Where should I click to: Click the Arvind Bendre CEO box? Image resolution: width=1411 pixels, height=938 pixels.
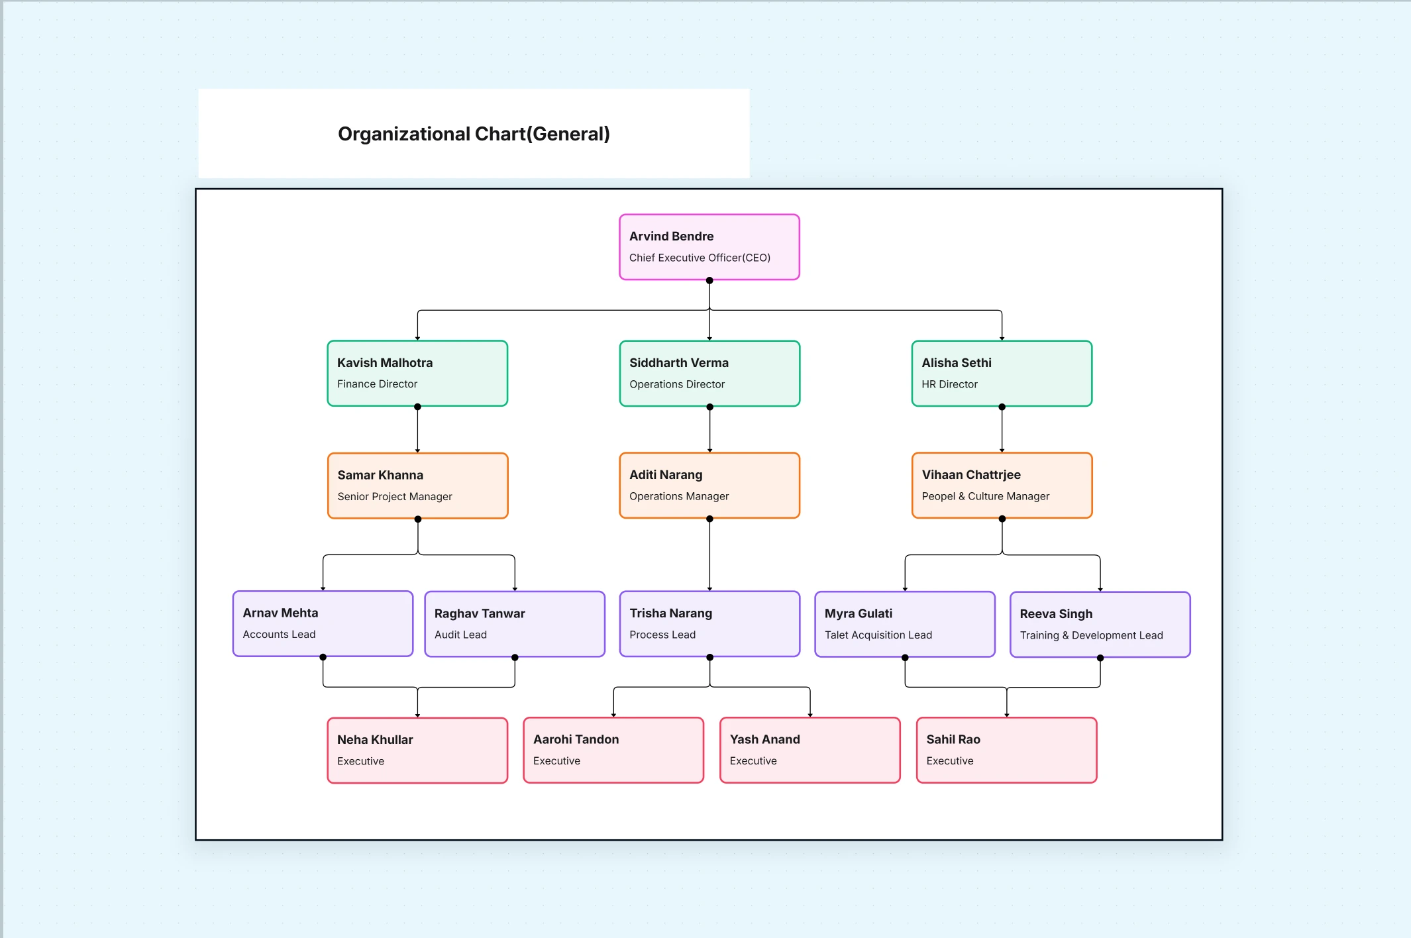[709, 247]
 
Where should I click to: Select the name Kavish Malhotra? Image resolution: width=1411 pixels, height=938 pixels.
[384, 362]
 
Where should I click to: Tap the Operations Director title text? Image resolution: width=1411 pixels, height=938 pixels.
[676, 384]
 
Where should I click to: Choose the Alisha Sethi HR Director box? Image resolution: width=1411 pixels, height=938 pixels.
[1001, 374]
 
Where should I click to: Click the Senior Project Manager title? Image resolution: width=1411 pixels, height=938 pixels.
[394, 496]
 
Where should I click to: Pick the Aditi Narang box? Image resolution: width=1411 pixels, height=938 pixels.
[709, 486]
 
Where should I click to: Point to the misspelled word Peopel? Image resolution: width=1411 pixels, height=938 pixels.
[937, 496]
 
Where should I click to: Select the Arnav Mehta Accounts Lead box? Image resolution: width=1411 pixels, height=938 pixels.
[323, 624]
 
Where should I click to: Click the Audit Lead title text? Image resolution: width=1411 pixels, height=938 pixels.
[460, 635]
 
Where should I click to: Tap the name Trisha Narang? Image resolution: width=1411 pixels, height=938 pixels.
[670, 613]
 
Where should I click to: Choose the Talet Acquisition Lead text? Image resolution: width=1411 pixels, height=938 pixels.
[878, 635]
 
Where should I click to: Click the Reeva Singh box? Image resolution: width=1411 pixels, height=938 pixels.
[1100, 625]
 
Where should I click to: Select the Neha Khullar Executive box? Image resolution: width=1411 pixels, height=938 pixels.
[417, 751]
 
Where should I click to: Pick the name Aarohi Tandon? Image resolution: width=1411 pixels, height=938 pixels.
[576, 739]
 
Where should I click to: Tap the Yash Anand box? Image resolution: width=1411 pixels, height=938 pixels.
[810, 751]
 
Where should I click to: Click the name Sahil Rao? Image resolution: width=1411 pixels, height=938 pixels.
[953, 739]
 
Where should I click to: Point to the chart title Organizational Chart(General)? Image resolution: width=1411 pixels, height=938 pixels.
[474, 134]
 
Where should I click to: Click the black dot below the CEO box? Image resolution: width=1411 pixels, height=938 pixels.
[709, 281]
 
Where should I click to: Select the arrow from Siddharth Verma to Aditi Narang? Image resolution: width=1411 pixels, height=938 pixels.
[709, 431]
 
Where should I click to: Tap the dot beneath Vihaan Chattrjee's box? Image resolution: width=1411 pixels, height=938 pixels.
[1002, 519]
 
